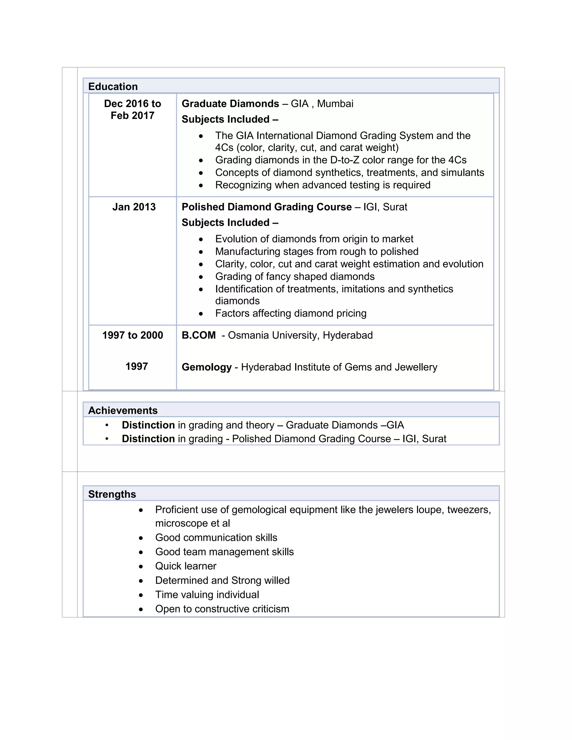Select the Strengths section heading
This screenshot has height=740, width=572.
click(112, 494)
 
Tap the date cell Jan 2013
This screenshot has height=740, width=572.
click(134, 207)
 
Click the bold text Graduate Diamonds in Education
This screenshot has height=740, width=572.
click(230, 103)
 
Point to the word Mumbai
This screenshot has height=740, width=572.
click(335, 103)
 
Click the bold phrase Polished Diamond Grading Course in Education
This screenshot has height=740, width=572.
click(266, 207)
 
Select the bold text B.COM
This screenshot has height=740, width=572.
click(199, 335)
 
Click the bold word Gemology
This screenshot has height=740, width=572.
click(206, 367)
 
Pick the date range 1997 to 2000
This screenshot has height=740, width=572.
click(132, 335)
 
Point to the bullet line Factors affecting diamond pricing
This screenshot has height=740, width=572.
click(290, 313)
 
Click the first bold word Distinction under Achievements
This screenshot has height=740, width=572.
click(148, 425)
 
